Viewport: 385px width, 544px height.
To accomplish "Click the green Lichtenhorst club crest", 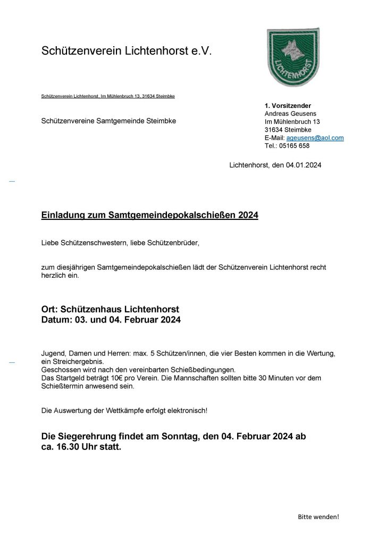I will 292,57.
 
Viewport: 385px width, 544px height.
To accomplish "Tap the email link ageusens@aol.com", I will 315,138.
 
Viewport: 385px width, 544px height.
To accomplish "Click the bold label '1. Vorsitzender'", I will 288,106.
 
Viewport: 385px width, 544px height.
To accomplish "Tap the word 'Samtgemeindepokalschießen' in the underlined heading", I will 172,216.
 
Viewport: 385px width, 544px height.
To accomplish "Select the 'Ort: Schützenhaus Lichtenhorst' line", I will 110,309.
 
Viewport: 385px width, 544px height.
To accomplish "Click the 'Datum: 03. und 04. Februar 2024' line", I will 111,320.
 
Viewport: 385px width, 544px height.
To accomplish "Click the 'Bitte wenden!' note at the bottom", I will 318,516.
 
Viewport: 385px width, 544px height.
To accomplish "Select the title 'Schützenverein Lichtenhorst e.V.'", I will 127,51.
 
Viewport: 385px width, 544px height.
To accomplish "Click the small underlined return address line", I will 108,96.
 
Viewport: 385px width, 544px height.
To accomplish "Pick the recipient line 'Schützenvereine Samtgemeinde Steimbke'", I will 108,121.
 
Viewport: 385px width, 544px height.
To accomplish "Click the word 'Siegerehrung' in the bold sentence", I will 93,436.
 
